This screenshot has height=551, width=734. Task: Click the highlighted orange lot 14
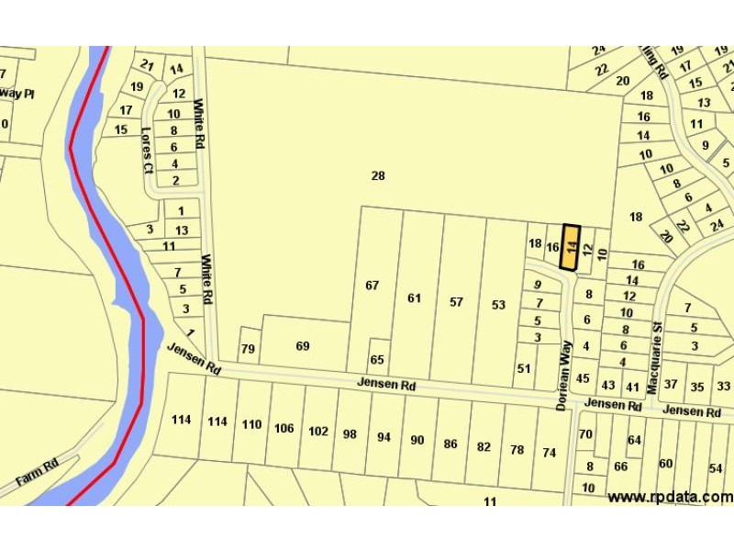(x=570, y=247)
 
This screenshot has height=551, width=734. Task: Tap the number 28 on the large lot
(x=377, y=175)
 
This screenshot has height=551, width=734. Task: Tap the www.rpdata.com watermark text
(x=670, y=497)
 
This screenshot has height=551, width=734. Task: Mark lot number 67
(x=372, y=286)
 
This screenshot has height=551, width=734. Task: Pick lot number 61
(x=414, y=298)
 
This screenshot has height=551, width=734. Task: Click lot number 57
(x=456, y=302)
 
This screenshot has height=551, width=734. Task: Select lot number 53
(x=498, y=305)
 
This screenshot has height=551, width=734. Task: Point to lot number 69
(x=303, y=345)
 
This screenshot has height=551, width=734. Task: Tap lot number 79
(x=247, y=349)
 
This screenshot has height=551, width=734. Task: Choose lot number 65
(x=377, y=359)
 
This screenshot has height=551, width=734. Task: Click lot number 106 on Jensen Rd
(x=284, y=428)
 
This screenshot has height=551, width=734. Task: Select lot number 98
(x=350, y=433)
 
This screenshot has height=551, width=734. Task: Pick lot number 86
(x=450, y=444)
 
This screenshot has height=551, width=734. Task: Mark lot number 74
(x=550, y=452)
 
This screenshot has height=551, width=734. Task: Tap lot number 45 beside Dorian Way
(x=582, y=378)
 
